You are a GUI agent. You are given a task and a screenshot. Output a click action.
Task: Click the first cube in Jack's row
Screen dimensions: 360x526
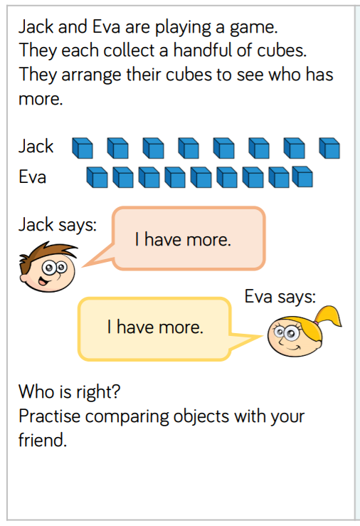83,148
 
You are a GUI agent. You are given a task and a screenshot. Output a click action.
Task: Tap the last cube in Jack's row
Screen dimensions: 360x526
329,148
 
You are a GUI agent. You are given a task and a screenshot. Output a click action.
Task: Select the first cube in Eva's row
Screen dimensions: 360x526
97,177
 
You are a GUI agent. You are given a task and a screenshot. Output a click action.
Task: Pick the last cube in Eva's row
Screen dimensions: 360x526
302,177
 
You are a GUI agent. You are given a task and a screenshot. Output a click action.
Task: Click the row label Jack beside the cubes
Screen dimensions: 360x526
36,146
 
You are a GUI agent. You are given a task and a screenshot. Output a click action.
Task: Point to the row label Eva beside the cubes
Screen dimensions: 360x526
33,177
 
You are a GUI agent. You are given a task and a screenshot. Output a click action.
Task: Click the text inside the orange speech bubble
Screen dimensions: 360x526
183,240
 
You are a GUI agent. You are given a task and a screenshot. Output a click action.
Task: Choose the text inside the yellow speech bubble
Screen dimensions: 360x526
155,327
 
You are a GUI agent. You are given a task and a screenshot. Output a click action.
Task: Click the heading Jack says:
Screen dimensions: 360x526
58,225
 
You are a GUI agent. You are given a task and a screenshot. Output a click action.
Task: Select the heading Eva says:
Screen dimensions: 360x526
280,297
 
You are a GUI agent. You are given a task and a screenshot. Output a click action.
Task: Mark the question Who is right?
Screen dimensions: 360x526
70,391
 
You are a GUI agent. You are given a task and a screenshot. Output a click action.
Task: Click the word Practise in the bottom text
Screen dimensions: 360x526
49,416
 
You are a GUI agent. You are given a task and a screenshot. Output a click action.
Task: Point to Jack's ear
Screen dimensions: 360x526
24,278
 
